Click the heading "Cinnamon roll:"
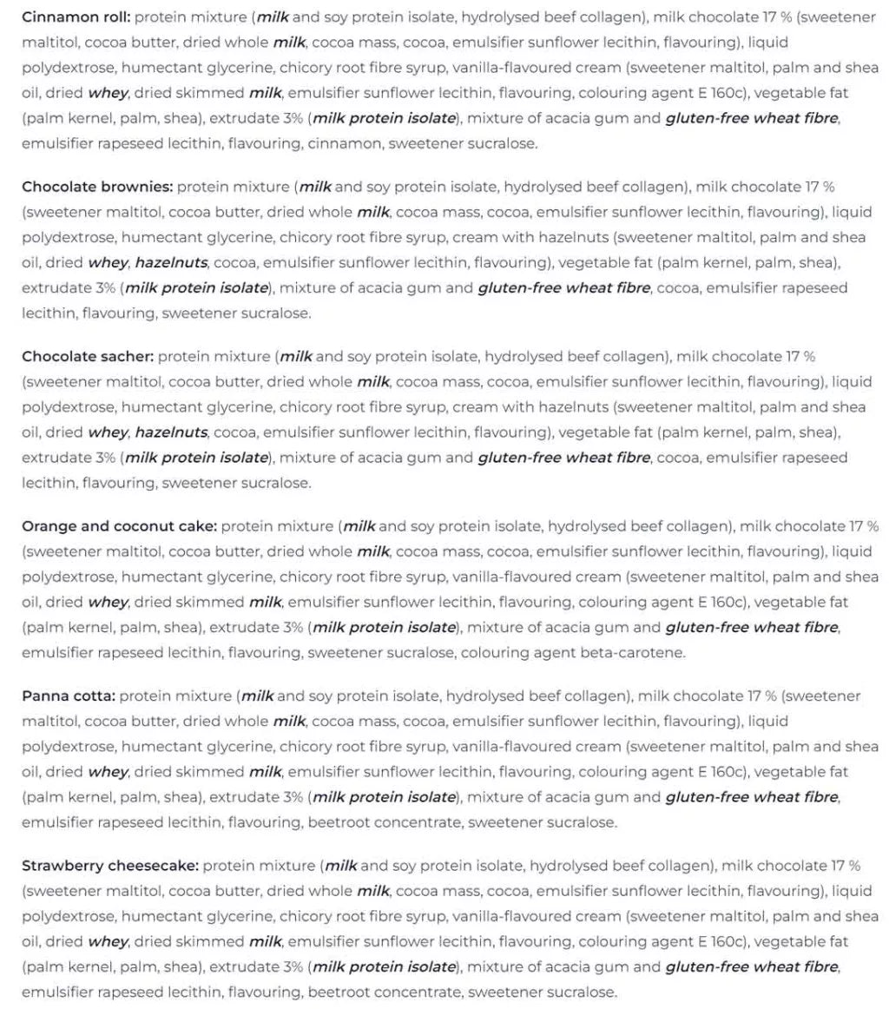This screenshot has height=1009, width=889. tap(76, 16)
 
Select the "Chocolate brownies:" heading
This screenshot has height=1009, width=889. tap(97, 187)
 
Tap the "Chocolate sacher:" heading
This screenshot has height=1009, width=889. tap(88, 356)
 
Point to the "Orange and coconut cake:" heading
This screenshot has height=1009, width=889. tap(120, 526)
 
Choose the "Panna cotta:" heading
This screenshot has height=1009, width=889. tap(69, 696)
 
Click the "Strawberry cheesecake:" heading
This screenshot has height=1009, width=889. tap(110, 866)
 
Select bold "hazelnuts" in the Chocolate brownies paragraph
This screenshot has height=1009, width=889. tap(171, 262)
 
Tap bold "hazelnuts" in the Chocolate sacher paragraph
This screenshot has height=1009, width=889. tap(171, 432)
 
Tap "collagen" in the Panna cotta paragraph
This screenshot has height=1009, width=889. tap(598, 696)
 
